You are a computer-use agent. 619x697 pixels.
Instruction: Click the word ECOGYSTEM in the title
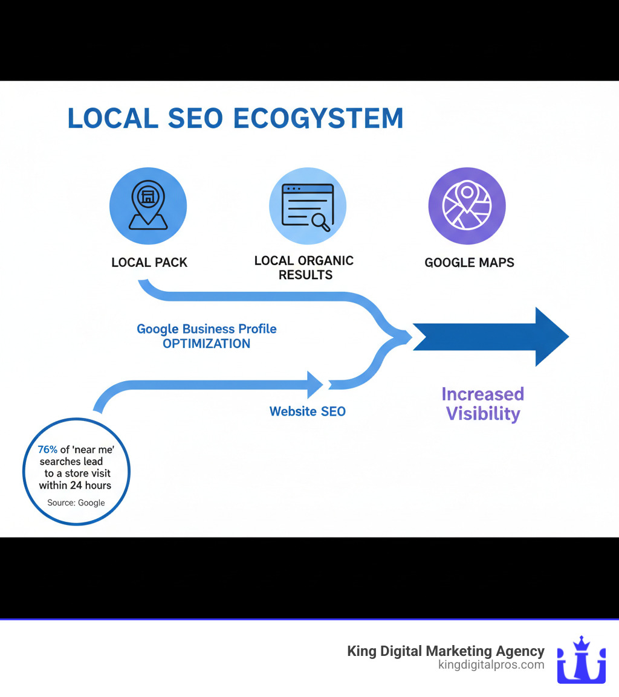tap(319, 118)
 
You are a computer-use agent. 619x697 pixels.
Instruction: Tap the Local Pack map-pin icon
tap(148, 205)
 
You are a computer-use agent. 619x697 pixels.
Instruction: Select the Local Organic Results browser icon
tap(308, 206)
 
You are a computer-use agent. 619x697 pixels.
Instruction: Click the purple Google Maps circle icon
tap(467, 206)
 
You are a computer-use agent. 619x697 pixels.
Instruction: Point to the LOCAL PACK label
tap(149, 263)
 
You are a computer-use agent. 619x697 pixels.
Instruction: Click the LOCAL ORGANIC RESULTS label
tap(304, 268)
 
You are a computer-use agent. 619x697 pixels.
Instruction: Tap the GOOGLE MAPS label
tap(469, 263)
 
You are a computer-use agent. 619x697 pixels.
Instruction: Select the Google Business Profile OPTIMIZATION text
tap(207, 336)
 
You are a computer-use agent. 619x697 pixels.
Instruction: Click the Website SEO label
tap(308, 411)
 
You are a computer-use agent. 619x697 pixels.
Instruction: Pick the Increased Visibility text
tap(482, 404)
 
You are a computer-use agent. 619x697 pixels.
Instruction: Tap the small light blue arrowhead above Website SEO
tap(315, 384)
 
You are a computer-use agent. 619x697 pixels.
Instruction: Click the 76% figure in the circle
tap(48, 449)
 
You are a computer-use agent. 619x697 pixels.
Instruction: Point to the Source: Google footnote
tap(76, 503)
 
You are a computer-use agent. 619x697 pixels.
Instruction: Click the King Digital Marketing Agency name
tap(446, 651)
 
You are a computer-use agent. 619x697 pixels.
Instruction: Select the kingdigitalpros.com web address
tap(491, 665)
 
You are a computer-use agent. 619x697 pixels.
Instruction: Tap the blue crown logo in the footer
tap(581, 660)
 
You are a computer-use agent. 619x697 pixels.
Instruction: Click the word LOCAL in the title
tap(112, 118)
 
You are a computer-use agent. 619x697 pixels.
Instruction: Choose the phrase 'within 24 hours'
tap(75, 485)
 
